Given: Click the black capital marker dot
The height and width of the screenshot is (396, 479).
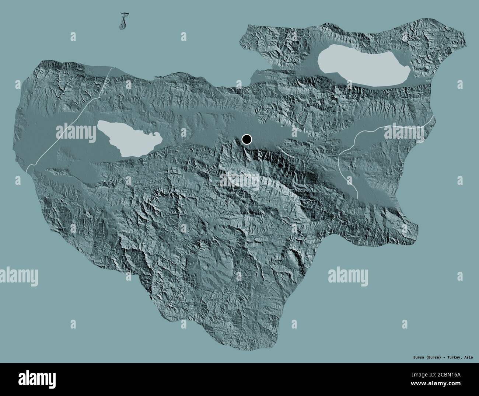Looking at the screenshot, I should coord(247,139).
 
